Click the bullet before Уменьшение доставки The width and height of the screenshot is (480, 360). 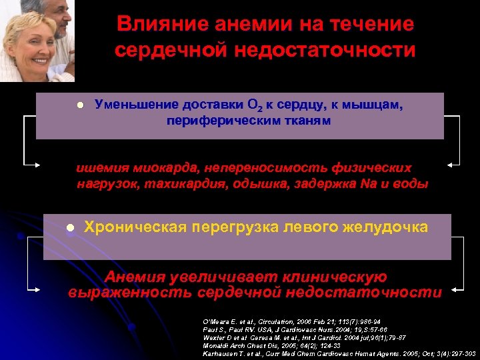click(x=79, y=106)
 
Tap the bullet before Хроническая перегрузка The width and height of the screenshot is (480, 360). click(x=69, y=228)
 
